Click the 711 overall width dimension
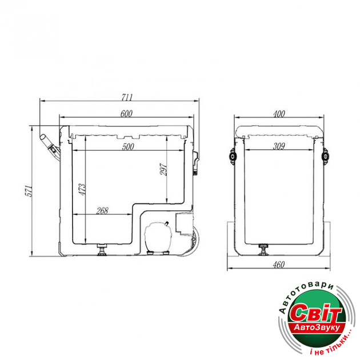click(127, 97)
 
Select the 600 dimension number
click(126, 114)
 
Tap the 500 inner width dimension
click(128, 147)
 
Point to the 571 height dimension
click(29, 190)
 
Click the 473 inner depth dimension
click(82, 189)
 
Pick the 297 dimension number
click(163, 170)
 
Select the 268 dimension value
click(102, 211)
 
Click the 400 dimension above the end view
click(279, 114)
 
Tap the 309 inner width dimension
click(279, 146)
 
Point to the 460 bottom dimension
click(279, 265)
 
